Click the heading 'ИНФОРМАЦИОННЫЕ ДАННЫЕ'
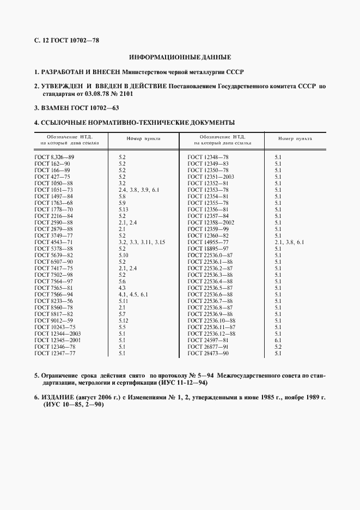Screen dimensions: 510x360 [180, 57]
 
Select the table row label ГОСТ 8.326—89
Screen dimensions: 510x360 [54, 157]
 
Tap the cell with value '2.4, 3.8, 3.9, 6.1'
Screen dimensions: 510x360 [138, 190]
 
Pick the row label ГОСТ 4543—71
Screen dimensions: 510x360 [53, 241]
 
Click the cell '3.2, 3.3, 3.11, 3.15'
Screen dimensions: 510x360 [142, 241]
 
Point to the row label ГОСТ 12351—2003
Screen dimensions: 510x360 [211, 177]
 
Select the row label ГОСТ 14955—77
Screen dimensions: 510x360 [208, 241]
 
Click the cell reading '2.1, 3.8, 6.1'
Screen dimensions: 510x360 [289, 241]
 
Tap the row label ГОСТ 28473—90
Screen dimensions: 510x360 [208, 354]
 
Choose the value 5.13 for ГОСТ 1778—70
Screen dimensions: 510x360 [123, 209]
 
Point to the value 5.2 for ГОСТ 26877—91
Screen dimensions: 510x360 [278, 347]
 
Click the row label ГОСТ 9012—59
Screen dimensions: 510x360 [53, 321]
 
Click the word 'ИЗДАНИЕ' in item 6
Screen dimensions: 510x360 [59, 398]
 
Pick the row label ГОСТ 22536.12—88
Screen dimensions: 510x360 [211, 334]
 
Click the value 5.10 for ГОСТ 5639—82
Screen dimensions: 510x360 [123, 254]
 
